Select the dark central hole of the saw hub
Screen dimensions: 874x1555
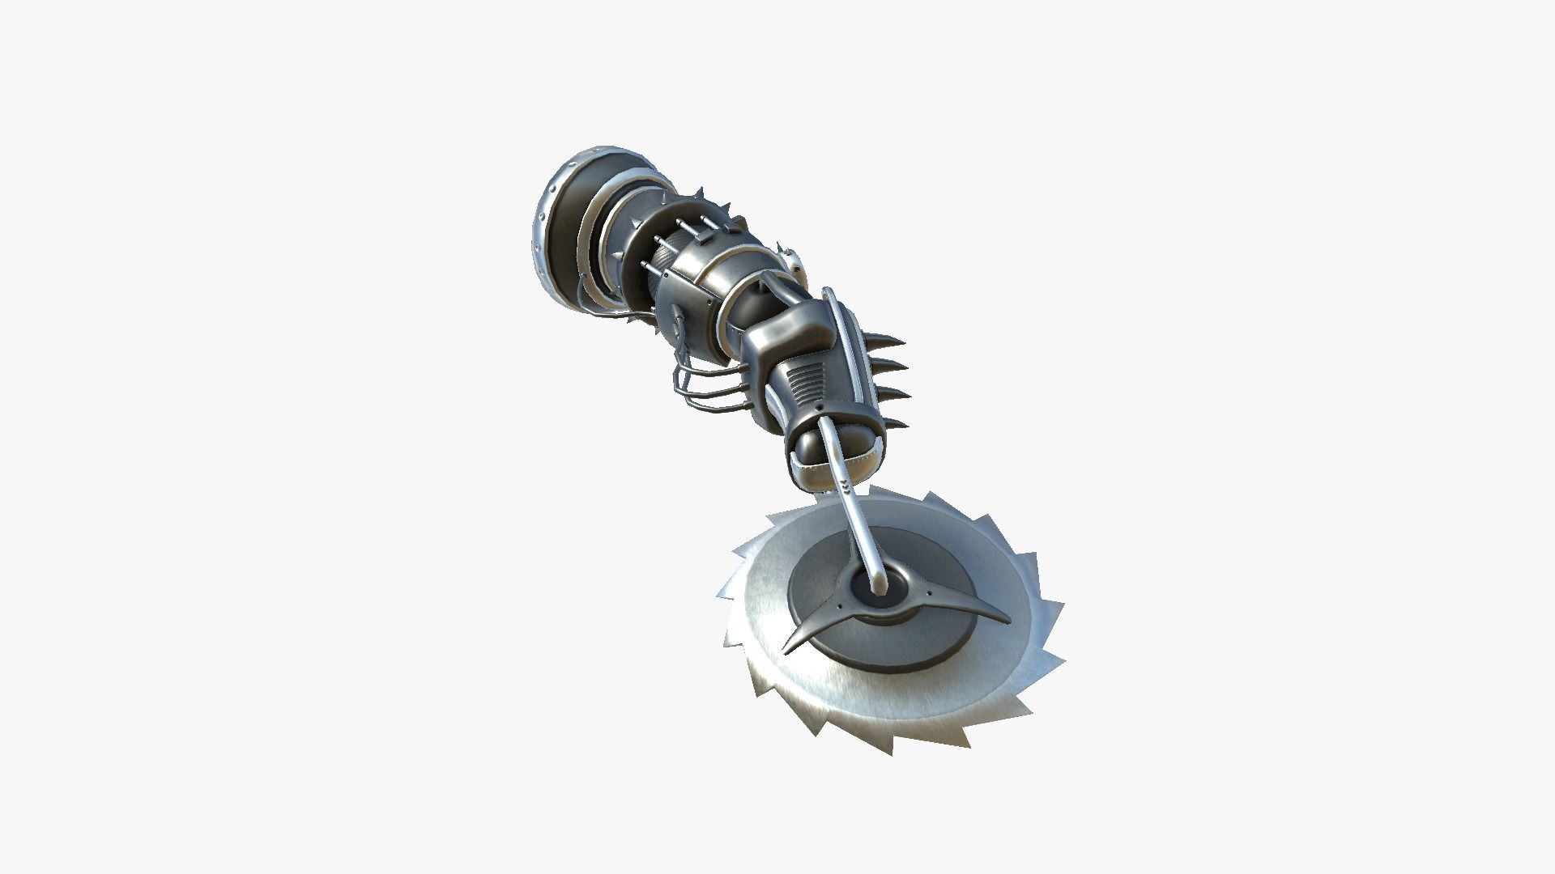point(884,590)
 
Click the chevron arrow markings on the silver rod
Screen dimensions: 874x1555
point(846,486)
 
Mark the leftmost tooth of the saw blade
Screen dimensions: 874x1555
point(721,595)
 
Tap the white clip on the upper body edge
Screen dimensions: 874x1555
point(797,263)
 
